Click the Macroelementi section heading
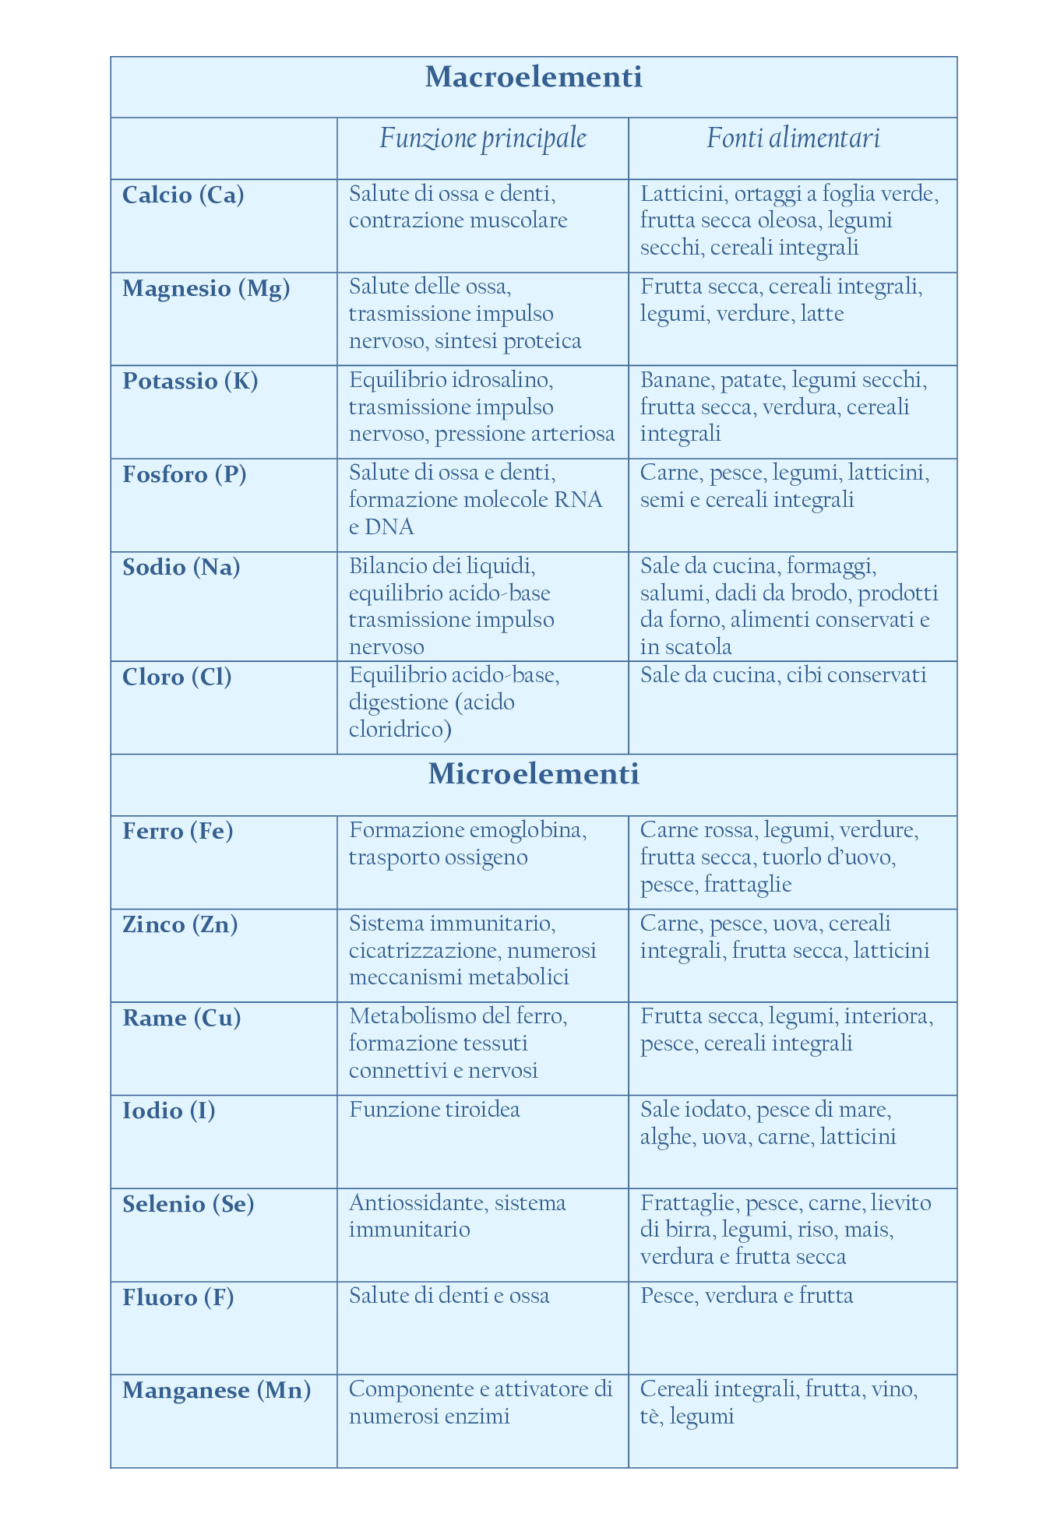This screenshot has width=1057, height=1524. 534,77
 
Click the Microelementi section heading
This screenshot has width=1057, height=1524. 534,774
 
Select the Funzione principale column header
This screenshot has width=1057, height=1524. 483,139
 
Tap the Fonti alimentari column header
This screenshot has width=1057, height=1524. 793,139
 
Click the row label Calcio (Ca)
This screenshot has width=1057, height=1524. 183,195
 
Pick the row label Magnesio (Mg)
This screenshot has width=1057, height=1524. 206,288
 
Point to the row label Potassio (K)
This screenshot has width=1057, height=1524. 190,381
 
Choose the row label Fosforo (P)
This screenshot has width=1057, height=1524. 185,474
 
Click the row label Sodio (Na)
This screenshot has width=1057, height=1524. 181,567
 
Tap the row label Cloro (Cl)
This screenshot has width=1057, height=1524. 177,677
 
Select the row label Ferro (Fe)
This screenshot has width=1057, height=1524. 178,831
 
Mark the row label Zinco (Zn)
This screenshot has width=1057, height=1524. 180,924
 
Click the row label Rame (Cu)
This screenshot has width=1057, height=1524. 181,1018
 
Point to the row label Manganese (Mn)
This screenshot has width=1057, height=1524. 217,1390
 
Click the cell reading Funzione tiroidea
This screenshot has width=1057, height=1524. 435,1109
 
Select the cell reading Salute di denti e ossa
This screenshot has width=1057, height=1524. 449,1296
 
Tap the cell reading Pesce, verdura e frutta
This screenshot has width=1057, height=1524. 746,1296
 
